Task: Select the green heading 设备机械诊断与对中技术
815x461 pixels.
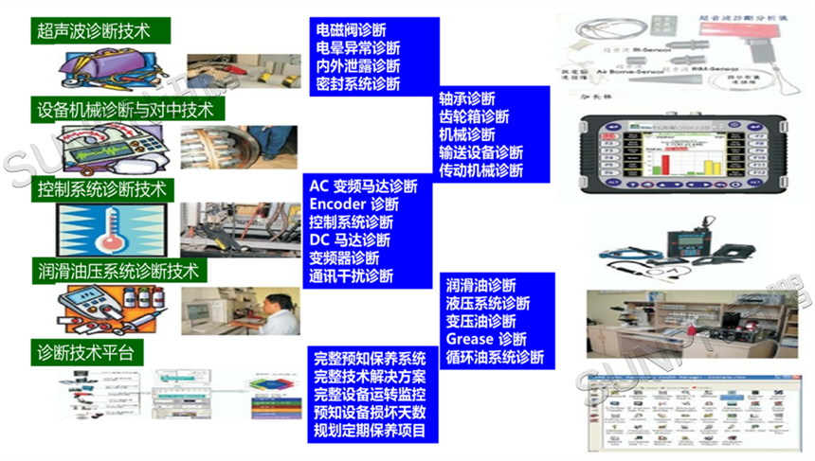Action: [129, 109]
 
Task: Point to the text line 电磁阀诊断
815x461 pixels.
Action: [351, 30]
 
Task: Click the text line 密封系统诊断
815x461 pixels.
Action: [357, 84]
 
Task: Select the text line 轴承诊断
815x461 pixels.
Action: [467, 98]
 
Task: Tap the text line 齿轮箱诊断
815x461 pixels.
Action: [474, 116]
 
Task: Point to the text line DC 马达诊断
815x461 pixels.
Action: [350, 239]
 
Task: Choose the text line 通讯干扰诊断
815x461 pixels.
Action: [351, 276]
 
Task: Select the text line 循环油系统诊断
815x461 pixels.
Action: [495, 357]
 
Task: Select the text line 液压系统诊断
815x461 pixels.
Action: [488, 303]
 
